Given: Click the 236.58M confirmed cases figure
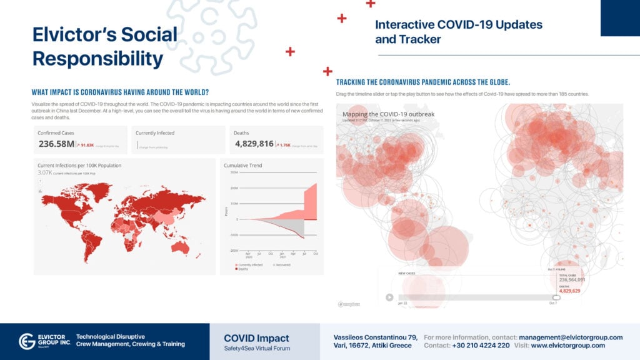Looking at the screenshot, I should point(56,144).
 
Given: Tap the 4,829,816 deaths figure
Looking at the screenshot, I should point(254,144).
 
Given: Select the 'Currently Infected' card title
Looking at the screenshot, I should point(155,133).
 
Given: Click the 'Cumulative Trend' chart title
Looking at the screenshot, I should point(243,166).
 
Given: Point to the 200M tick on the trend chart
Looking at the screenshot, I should point(234,187).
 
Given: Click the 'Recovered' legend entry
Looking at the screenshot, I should point(282,264).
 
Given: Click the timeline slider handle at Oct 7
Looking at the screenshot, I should point(556,297).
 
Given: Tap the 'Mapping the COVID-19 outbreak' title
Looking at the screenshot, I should point(388,114).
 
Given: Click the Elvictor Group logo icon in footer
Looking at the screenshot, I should point(27,341).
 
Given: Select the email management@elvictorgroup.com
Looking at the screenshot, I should point(571,337).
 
